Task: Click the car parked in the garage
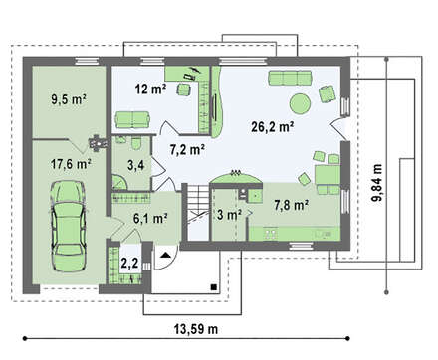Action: pos(68,227)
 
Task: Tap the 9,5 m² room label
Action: pos(69,99)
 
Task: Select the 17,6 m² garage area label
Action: pos(71,163)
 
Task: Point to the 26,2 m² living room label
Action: pos(273,126)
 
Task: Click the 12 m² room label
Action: pos(150,89)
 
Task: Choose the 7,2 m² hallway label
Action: pos(187,150)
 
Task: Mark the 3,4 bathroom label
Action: pos(136,165)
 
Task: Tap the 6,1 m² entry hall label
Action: pos(150,218)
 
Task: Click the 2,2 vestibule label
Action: pos(129,263)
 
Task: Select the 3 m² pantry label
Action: pos(229,215)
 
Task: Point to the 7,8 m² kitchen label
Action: pos(292,205)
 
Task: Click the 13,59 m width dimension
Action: pos(196,329)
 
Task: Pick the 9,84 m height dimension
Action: pos(377,183)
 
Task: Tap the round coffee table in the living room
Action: pos(301,104)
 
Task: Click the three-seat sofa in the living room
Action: pos(290,78)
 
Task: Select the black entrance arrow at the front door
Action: pos(166,255)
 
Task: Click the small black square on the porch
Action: pos(214,287)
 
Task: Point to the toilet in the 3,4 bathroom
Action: pos(135,143)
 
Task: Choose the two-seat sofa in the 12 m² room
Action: pos(132,119)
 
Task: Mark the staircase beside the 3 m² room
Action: pos(198,212)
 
